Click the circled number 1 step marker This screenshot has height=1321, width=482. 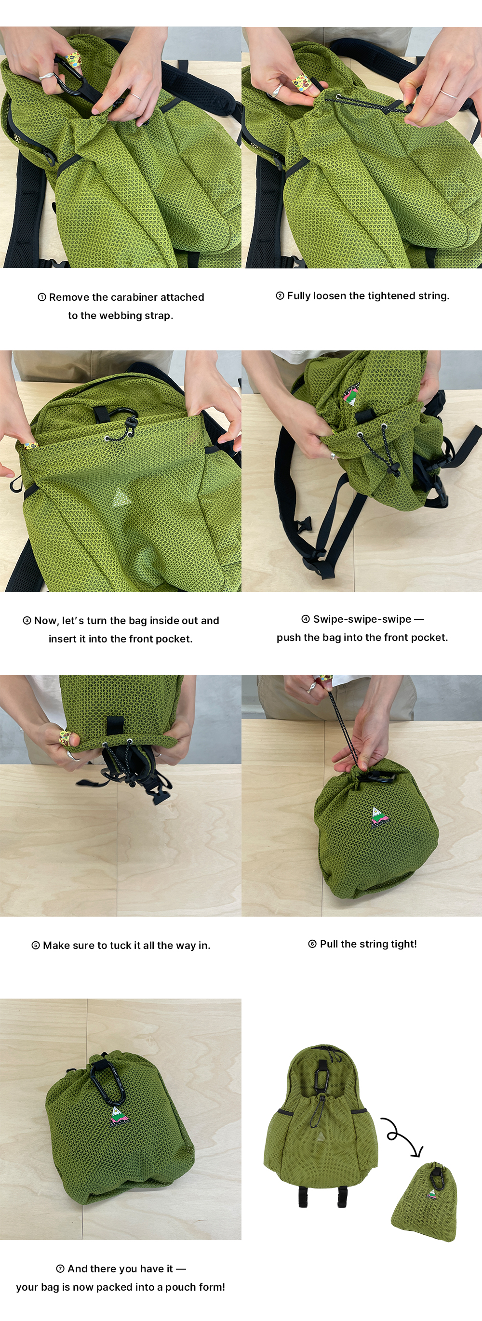point(42,297)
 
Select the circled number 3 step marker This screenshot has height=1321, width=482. point(27,621)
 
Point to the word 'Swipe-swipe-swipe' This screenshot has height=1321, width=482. point(362,619)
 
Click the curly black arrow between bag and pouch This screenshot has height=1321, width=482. point(402,1135)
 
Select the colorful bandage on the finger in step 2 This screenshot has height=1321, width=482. point(302,82)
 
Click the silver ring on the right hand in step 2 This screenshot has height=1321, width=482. point(448,94)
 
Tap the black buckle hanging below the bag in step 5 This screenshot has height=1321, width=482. point(160,795)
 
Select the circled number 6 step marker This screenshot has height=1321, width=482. point(312,944)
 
